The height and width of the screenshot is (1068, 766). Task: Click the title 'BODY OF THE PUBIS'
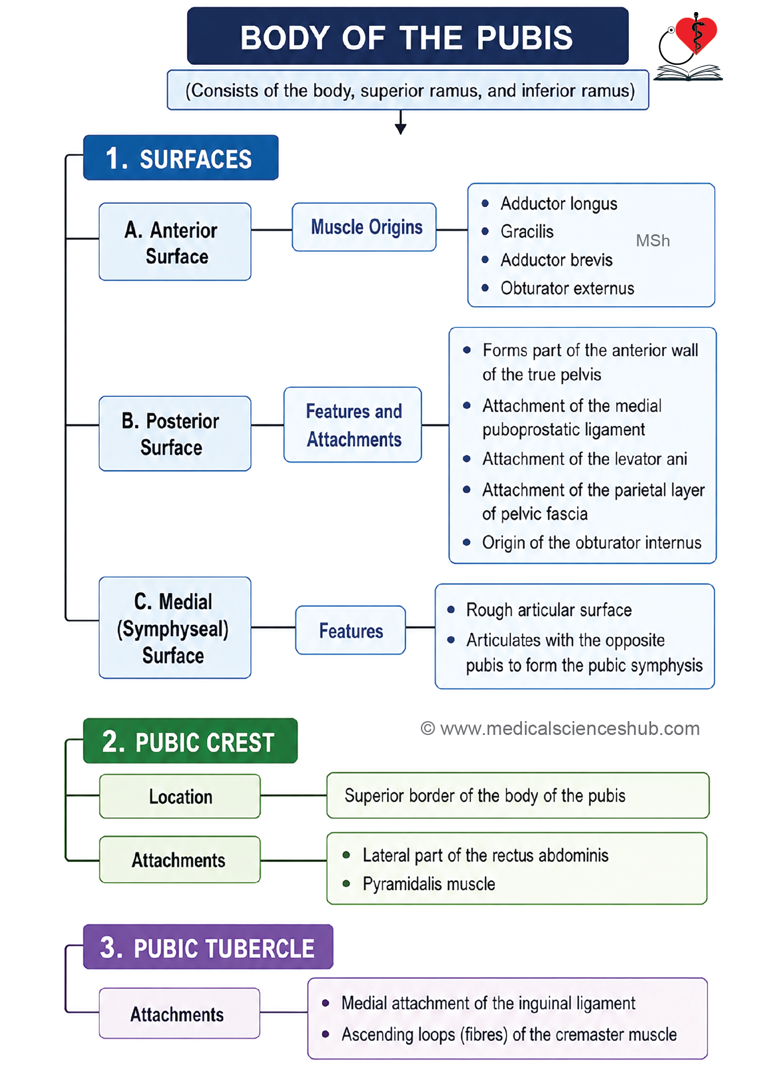407,38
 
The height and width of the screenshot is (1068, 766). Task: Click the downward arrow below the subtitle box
401,122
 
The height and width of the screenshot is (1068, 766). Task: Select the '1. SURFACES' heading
181,158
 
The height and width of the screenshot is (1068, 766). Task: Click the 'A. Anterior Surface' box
175,242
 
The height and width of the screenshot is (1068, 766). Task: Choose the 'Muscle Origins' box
364,227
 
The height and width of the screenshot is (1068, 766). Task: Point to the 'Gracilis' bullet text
527,231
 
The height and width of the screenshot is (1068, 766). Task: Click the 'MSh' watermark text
653,241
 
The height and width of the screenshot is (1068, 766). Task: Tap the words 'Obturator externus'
567,288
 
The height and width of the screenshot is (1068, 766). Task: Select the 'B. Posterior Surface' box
175,434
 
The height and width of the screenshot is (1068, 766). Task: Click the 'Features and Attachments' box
353,425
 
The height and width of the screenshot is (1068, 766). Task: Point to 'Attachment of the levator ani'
585,459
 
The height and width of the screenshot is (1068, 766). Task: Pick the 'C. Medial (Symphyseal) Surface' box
175,628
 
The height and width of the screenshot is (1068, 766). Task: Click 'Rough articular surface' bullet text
549,610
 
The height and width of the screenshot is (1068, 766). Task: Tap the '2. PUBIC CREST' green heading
191,741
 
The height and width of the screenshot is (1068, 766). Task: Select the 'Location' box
180,796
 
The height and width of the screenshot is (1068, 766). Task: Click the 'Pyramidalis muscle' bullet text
429,884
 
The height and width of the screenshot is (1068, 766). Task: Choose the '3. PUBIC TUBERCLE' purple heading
208,947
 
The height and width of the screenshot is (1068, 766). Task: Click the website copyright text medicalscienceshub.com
560,729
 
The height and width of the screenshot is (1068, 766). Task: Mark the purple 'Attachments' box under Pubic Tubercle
179,1013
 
